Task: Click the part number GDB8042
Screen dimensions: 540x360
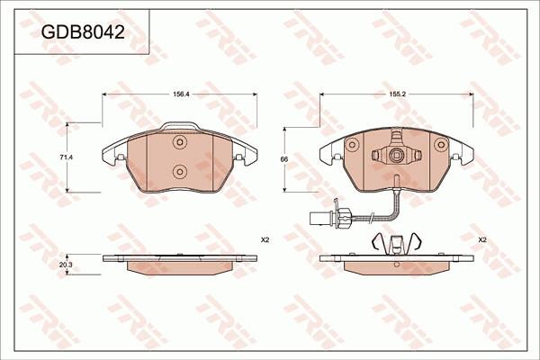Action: (83, 32)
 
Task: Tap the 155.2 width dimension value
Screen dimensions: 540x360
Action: (398, 94)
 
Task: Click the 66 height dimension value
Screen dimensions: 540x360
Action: (284, 159)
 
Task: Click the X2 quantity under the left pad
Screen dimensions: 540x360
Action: (265, 240)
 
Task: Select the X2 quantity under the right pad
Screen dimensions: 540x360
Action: (482, 240)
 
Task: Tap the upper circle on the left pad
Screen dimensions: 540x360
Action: (180, 142)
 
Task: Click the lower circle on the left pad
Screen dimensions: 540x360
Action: (180, 171)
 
